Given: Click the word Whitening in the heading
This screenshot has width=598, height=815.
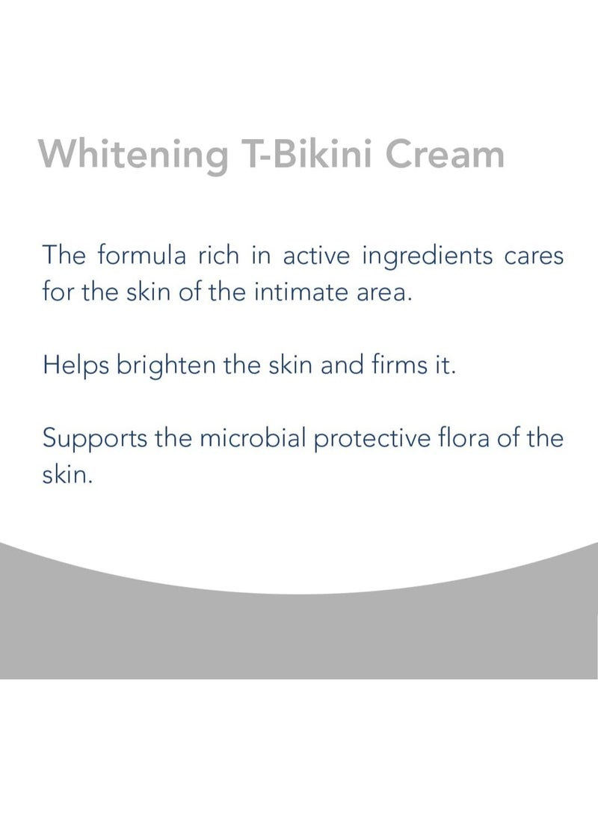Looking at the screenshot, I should click(132, 155).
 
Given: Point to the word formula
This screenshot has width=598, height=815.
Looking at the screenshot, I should click(148, 256).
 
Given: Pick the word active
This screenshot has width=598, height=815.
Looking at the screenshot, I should click(317, 256).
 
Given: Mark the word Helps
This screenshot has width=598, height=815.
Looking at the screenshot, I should click(70, 366).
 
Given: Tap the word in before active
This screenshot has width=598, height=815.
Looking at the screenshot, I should click(266, 256).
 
